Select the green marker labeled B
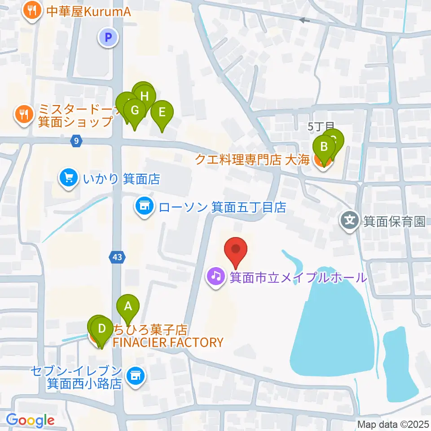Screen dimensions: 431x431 pos(323,148)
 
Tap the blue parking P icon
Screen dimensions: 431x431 pos(108,38)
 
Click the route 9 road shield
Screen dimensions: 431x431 pos(77,141)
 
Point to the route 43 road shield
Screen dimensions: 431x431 pos(117,257)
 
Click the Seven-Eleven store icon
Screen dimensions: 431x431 pos(135,376)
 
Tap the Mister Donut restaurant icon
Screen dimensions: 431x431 pos(23,114)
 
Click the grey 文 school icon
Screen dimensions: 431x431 pos(350,221)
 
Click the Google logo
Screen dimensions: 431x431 pos(31,420)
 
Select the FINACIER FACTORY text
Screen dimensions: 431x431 pos(167,343)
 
